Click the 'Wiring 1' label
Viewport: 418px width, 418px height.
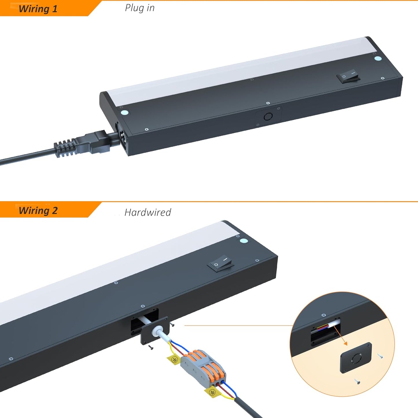pos(38,9)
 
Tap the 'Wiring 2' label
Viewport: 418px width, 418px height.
pos(38,211)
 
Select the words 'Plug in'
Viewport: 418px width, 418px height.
pos(140,8)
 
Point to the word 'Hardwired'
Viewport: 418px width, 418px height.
pos(148,212)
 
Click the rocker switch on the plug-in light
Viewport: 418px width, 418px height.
pos(348,76)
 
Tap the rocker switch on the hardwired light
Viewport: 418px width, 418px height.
pos(220,263)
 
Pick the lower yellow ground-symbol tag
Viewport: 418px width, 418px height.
pos(211,392)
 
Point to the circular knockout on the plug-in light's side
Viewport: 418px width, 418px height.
pos(268,117)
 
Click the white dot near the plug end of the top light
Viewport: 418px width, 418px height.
pos(124,113)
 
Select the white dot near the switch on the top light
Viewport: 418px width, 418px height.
pos(378,58)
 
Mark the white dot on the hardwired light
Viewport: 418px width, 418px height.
pos(244,241)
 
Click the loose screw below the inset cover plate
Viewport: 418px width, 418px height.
pos(357,381)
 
